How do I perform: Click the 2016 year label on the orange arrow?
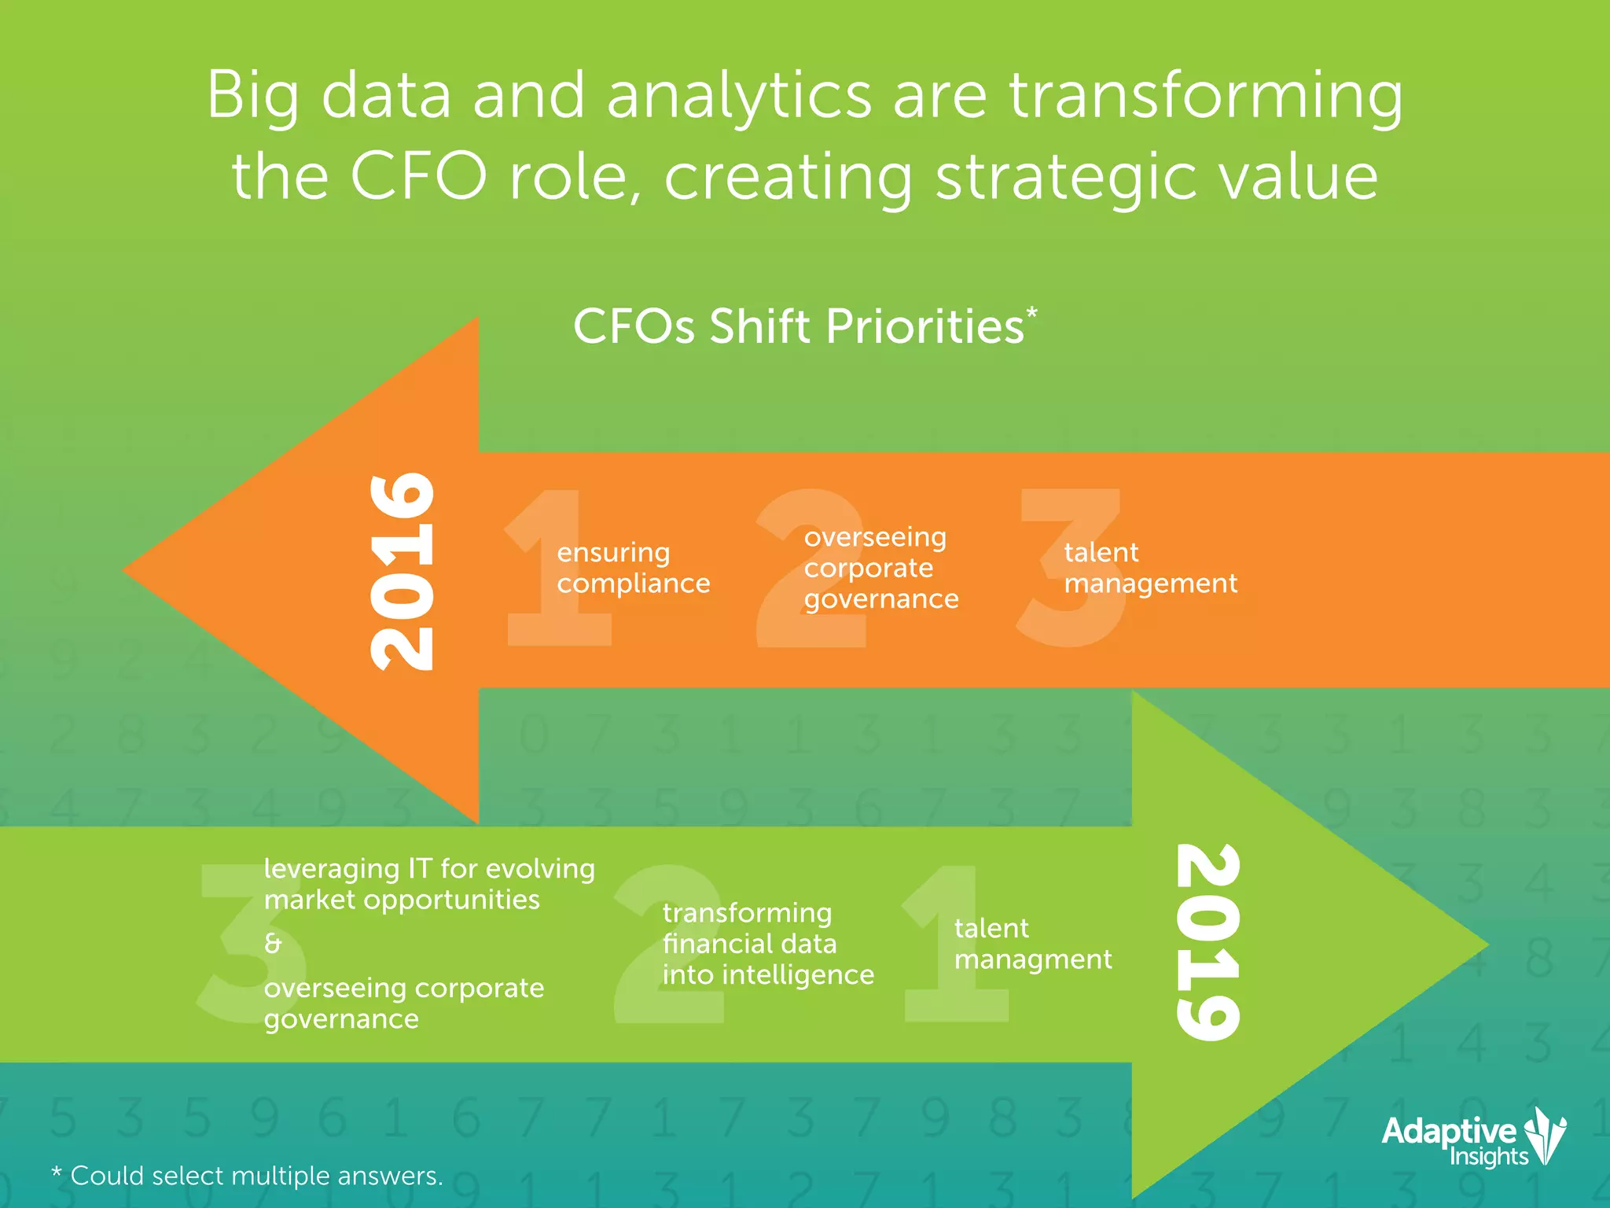click(402, 572)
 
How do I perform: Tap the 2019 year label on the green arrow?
click(1208, 942)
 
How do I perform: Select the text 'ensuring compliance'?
click(633, 568)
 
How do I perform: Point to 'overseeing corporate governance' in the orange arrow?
click(880, 568)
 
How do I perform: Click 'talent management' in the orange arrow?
click(1149, 568)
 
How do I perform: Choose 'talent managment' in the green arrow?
click(1032, 944)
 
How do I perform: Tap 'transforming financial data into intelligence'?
click(767, 944)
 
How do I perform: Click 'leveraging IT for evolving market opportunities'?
click(428, 884)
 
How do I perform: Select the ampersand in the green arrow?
click(273, 943)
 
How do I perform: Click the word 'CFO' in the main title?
click(418, 176)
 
